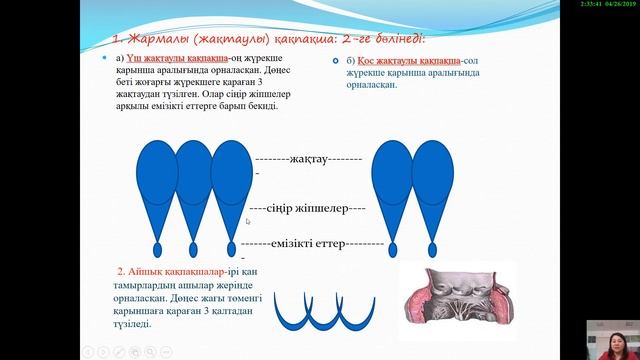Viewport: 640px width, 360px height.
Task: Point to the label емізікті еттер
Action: point(312,243)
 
